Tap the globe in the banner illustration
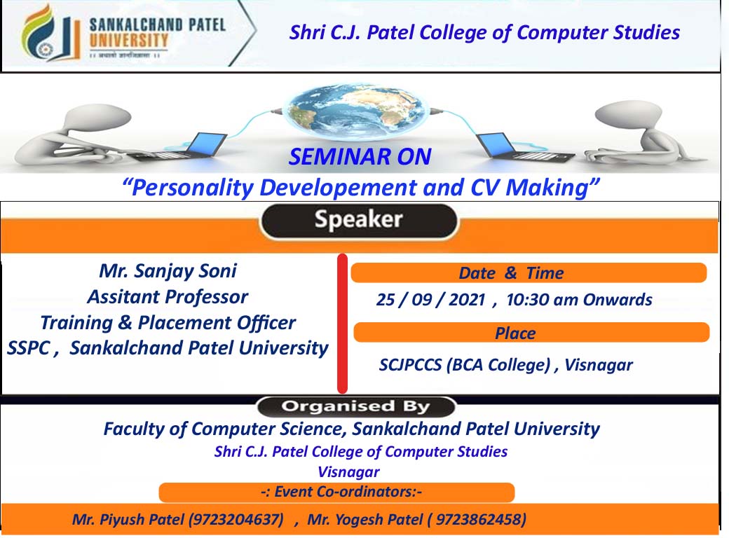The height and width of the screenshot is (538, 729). point(355,112)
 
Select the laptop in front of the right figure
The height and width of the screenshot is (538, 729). point(525,147)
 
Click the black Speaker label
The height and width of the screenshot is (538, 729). point(358,221)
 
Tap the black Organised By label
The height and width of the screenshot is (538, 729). point(355,406)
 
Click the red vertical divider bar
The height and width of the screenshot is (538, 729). point(343,324)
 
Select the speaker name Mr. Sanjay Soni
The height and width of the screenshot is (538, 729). point(168,271)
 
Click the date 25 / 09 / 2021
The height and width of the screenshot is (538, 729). point(431,300)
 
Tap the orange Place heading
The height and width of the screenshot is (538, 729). point(531,333)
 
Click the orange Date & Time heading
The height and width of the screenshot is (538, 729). point(529,273)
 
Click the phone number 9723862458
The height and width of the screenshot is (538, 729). point(479,519)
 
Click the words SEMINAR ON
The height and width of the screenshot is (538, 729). point(360,157)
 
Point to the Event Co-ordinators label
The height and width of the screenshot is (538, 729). point(341,492)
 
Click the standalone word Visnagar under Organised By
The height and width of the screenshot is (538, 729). point(348,472)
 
